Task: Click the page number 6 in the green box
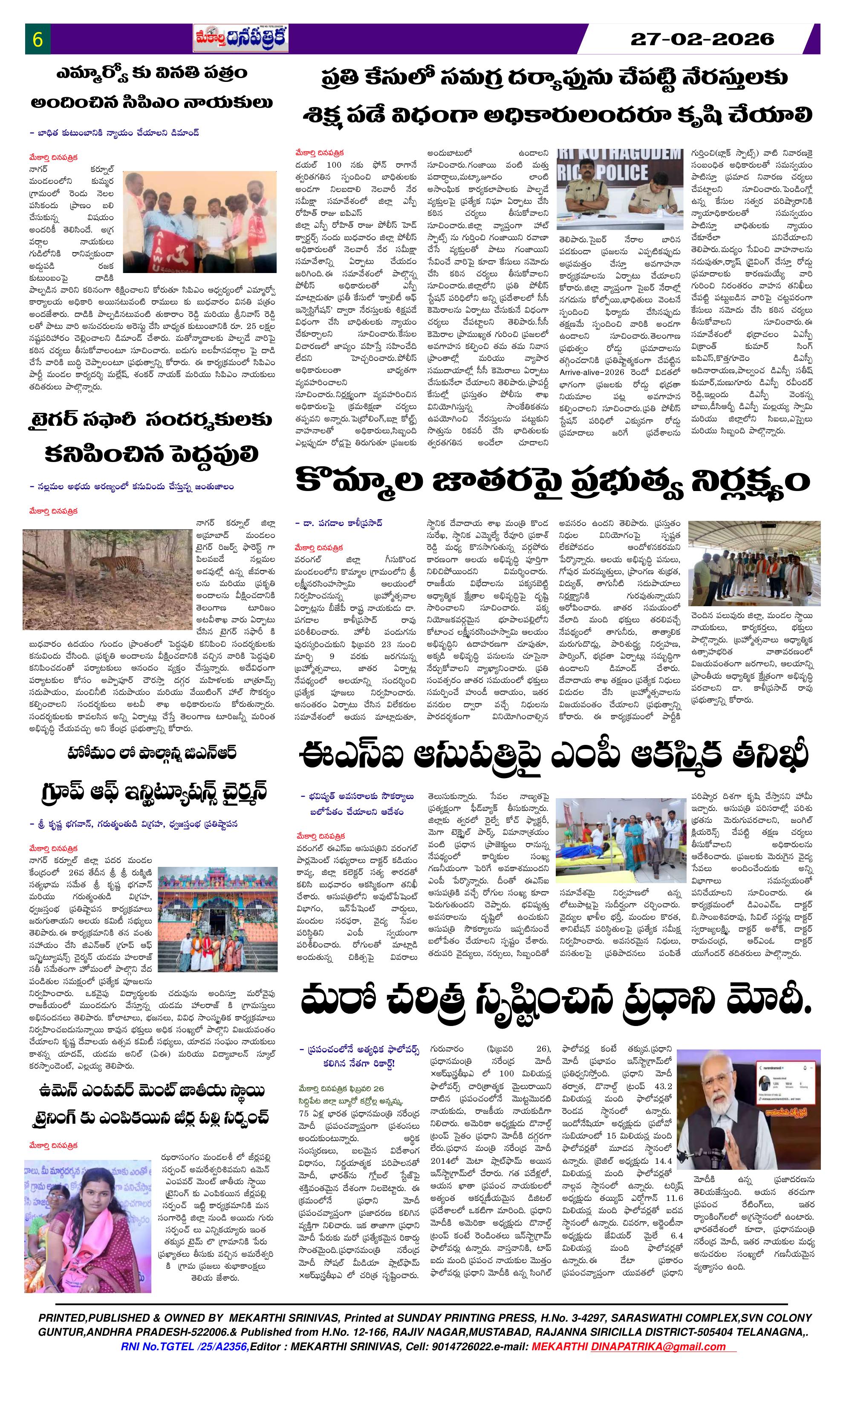coord(38,40)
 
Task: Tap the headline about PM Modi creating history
coord(556,1004)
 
